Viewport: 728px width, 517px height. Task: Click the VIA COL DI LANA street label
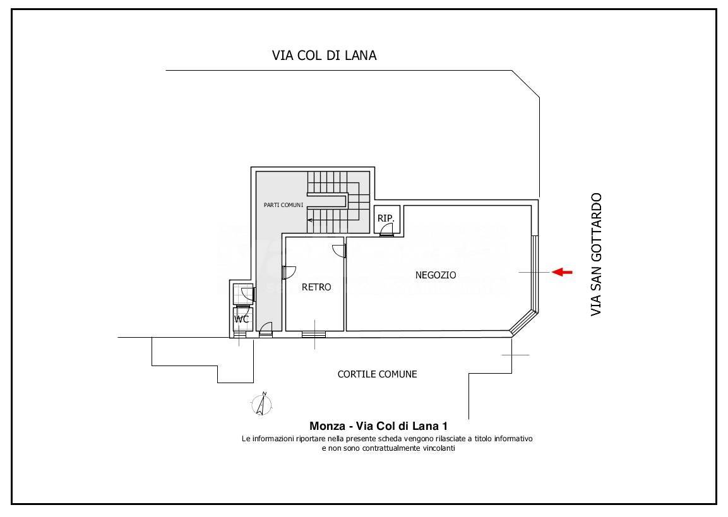[324, 56]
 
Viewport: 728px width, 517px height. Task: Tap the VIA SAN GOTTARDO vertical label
[596, 255]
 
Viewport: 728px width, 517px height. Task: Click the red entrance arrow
[562, 272]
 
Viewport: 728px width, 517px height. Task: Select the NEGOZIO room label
[436, 275]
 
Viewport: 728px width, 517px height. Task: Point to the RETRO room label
[316, 287]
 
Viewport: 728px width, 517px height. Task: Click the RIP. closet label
[386, 218]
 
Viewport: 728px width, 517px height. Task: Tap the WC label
[241, 319]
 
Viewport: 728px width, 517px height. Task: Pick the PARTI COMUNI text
[283, 205]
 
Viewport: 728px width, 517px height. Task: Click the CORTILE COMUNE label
[377, 374]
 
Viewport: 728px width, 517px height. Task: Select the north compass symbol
[262, 404]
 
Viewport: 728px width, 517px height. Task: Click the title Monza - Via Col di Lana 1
[378, 426]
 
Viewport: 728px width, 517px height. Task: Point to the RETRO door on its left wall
[289, 273]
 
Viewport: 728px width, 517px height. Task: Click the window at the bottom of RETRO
[314, 334]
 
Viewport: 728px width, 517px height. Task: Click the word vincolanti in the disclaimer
[439, 448]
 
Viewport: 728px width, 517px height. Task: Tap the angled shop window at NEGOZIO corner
[524, 323]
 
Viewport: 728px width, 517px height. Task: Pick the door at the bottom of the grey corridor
[266, 330]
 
